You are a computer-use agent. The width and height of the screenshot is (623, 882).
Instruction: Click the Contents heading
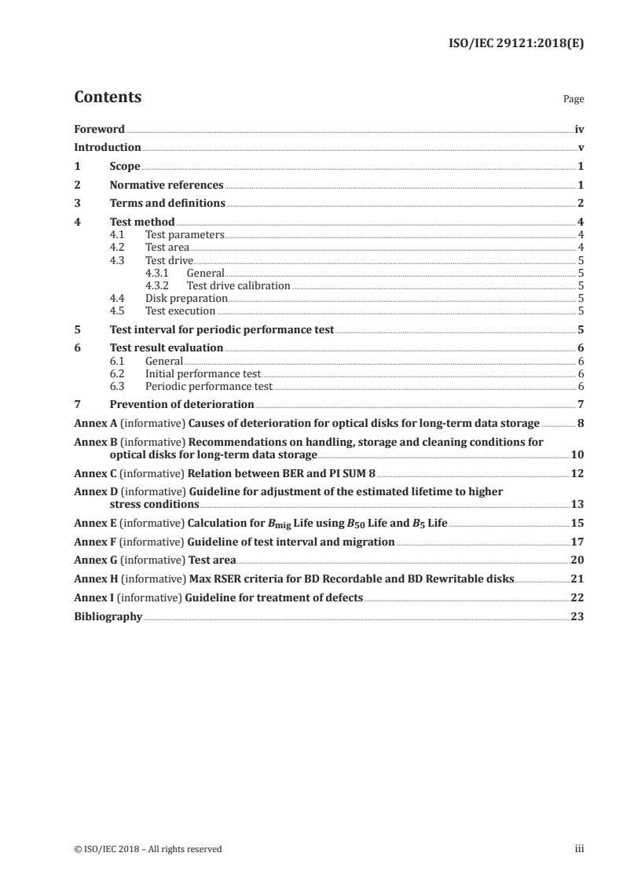tap(108, 97)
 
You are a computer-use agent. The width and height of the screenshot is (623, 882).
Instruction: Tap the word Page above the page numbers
tap(574, 100)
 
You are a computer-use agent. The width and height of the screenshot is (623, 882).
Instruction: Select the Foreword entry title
tap(99, 128)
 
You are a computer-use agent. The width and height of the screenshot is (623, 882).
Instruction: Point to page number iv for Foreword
tap(579, 128)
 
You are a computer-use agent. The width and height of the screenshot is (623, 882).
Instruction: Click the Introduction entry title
tap(108, 147)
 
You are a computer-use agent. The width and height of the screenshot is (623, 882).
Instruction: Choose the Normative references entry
tap(167, 186)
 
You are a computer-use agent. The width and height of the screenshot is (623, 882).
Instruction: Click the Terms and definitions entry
tap(167, 204)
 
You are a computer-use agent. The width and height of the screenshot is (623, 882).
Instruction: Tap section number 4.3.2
tap(160, 285)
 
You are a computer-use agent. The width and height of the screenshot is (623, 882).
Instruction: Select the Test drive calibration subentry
tap(238, 285)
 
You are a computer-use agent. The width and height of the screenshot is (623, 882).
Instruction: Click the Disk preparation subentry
tap(186, 299)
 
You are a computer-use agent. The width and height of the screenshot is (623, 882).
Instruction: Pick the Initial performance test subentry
tap(202, 374)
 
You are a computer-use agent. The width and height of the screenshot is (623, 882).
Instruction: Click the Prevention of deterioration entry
tap(181, 404)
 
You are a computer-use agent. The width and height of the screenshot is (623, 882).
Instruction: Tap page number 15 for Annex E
tap(577, 522)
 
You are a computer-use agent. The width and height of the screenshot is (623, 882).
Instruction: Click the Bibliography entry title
tap(108, 617)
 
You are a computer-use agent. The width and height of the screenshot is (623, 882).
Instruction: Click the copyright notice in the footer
tap(148, 849)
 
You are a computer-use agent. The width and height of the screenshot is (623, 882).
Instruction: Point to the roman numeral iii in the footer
tap(580, 849)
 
